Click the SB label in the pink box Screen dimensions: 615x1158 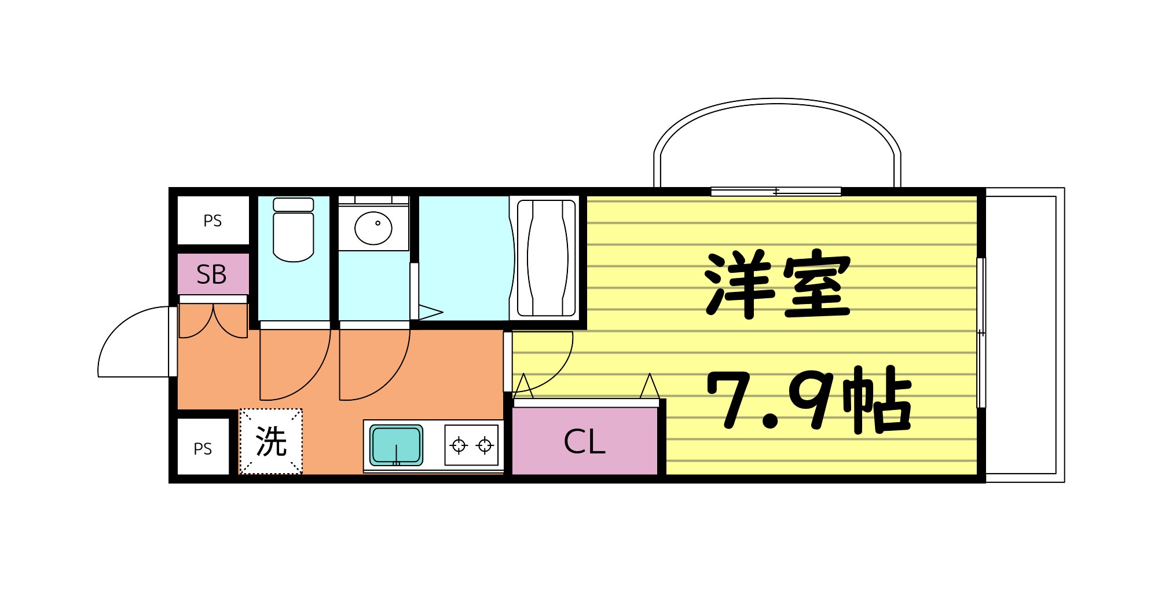pyautogui.click(x=212, y=274)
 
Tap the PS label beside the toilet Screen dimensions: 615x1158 pyautogui.click(x=212, y=221)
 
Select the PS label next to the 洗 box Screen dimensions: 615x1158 pyautogui.click(x=203, y=449)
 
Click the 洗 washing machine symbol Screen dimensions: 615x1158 pyautogui.click(x=271, y=442)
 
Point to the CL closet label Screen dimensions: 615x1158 pyautogui.click(x=584, y=442)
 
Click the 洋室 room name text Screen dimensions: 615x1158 pyautogui.click(x=777, y=284)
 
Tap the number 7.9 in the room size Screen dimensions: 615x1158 pyautogui.click(x=770, y=399)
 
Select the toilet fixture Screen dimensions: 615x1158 pyautogui.click(x=294, y=230)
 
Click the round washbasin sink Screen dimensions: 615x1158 pyautogui.click(x=373, y=228)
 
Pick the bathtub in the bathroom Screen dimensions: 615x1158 pyautogui.click(x=546, y=258)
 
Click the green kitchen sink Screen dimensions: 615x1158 pyautogui.click(x=397, y=445)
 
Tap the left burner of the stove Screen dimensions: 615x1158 pyautogui.click(x=459, y=445)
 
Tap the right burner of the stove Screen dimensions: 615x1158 pyautogui.click(x=485, y=445)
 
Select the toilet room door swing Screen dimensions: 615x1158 pyautogui.click(x=292, y=365)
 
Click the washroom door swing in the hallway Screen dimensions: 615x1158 pyautogui.click(x=372, y=365)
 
